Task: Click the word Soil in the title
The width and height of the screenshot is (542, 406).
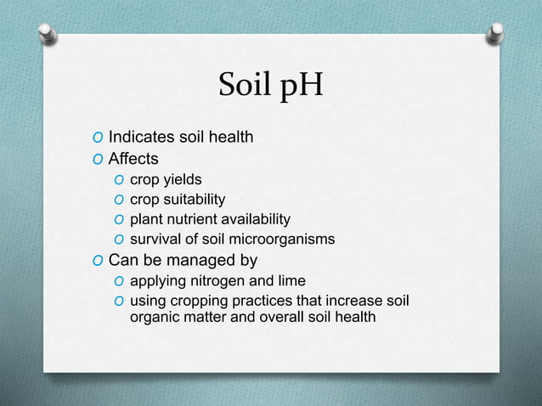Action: pyautogui.click(x=243, y=84)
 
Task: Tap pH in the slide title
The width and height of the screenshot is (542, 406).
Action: pyautogui.click(x=299, y=86)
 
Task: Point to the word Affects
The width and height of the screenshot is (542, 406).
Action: pyautogui.click(x=133, y=158)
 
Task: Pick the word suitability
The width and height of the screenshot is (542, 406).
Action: pyautogui.click(x=195, y=200)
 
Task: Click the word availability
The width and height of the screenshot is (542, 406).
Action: pyautogui.click(x=253, y=220)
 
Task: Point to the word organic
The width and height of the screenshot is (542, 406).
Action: pyautogui.click(x=155, y=319)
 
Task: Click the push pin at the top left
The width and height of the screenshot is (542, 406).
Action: pyautogui.click(x=48, y=34)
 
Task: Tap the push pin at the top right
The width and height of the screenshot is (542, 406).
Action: pyautogui.click(x=496, y=34)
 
